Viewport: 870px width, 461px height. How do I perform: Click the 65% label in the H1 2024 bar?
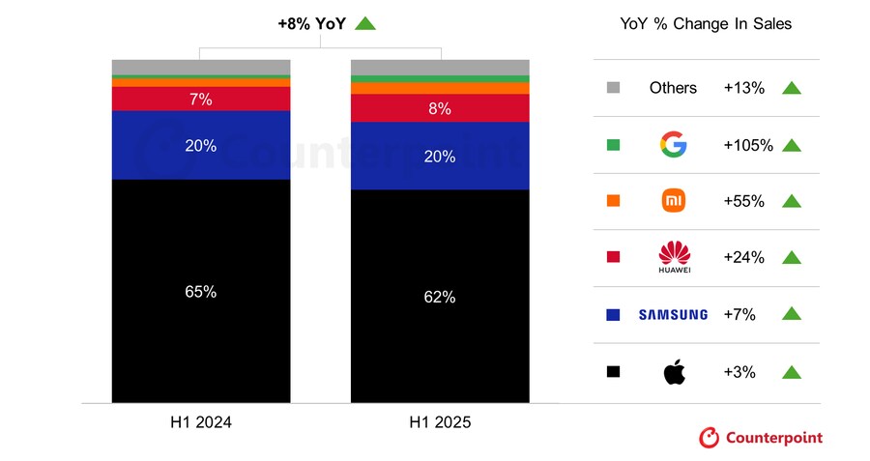(x=201, y=291)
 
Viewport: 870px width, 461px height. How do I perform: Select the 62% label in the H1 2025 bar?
(x=440, y=297)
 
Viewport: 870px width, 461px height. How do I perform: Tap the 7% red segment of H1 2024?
(x=201, y=99)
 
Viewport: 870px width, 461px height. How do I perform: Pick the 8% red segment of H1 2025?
(x=440, y=108)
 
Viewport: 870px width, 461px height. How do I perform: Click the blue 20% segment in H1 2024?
(x=201, y=146)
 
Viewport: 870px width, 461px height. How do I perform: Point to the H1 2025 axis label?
(x=440, y=422)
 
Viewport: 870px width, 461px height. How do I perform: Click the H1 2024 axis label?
(x=201, y=422)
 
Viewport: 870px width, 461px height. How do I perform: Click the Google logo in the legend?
(x=674, y=145)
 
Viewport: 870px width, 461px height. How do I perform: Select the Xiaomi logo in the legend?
(x=674, y=201)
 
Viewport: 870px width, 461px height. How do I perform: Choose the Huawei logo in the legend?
(x=674, y=256)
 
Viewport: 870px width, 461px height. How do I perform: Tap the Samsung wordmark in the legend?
(x=673, y=314)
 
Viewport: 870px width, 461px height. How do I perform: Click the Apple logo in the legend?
(x=674, y=371)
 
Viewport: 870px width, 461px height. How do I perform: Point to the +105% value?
(x=747, y=145)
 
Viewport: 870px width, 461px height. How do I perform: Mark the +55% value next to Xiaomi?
(x=744, y=201)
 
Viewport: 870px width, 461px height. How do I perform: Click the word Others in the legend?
(x=673, y=88)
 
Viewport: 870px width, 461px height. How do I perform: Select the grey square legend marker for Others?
(x=613, y=88)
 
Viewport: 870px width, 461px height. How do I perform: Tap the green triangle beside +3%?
(x=792, y=371)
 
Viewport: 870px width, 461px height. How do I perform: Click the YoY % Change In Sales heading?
(x=706, y=23)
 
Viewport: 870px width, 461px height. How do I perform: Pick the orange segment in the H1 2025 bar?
(x=440, y=88)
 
